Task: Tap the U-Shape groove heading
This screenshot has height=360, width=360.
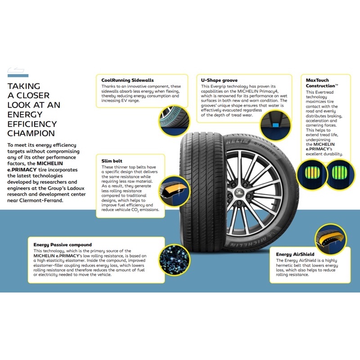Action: (219, 80)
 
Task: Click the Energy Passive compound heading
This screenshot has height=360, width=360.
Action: (63, 245)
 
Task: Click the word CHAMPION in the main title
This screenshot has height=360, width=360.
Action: (31, 133)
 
